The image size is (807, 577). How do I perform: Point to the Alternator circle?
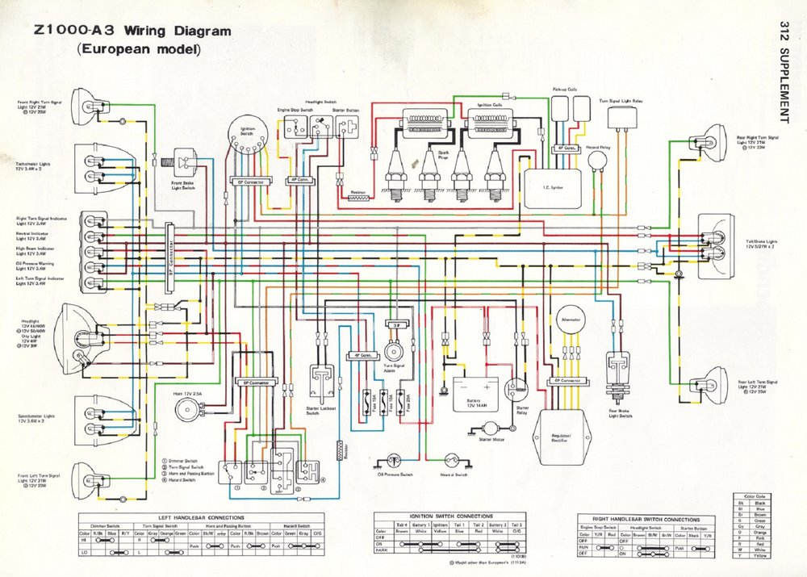coord(572,322)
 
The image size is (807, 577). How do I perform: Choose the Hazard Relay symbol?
coord(598,162)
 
